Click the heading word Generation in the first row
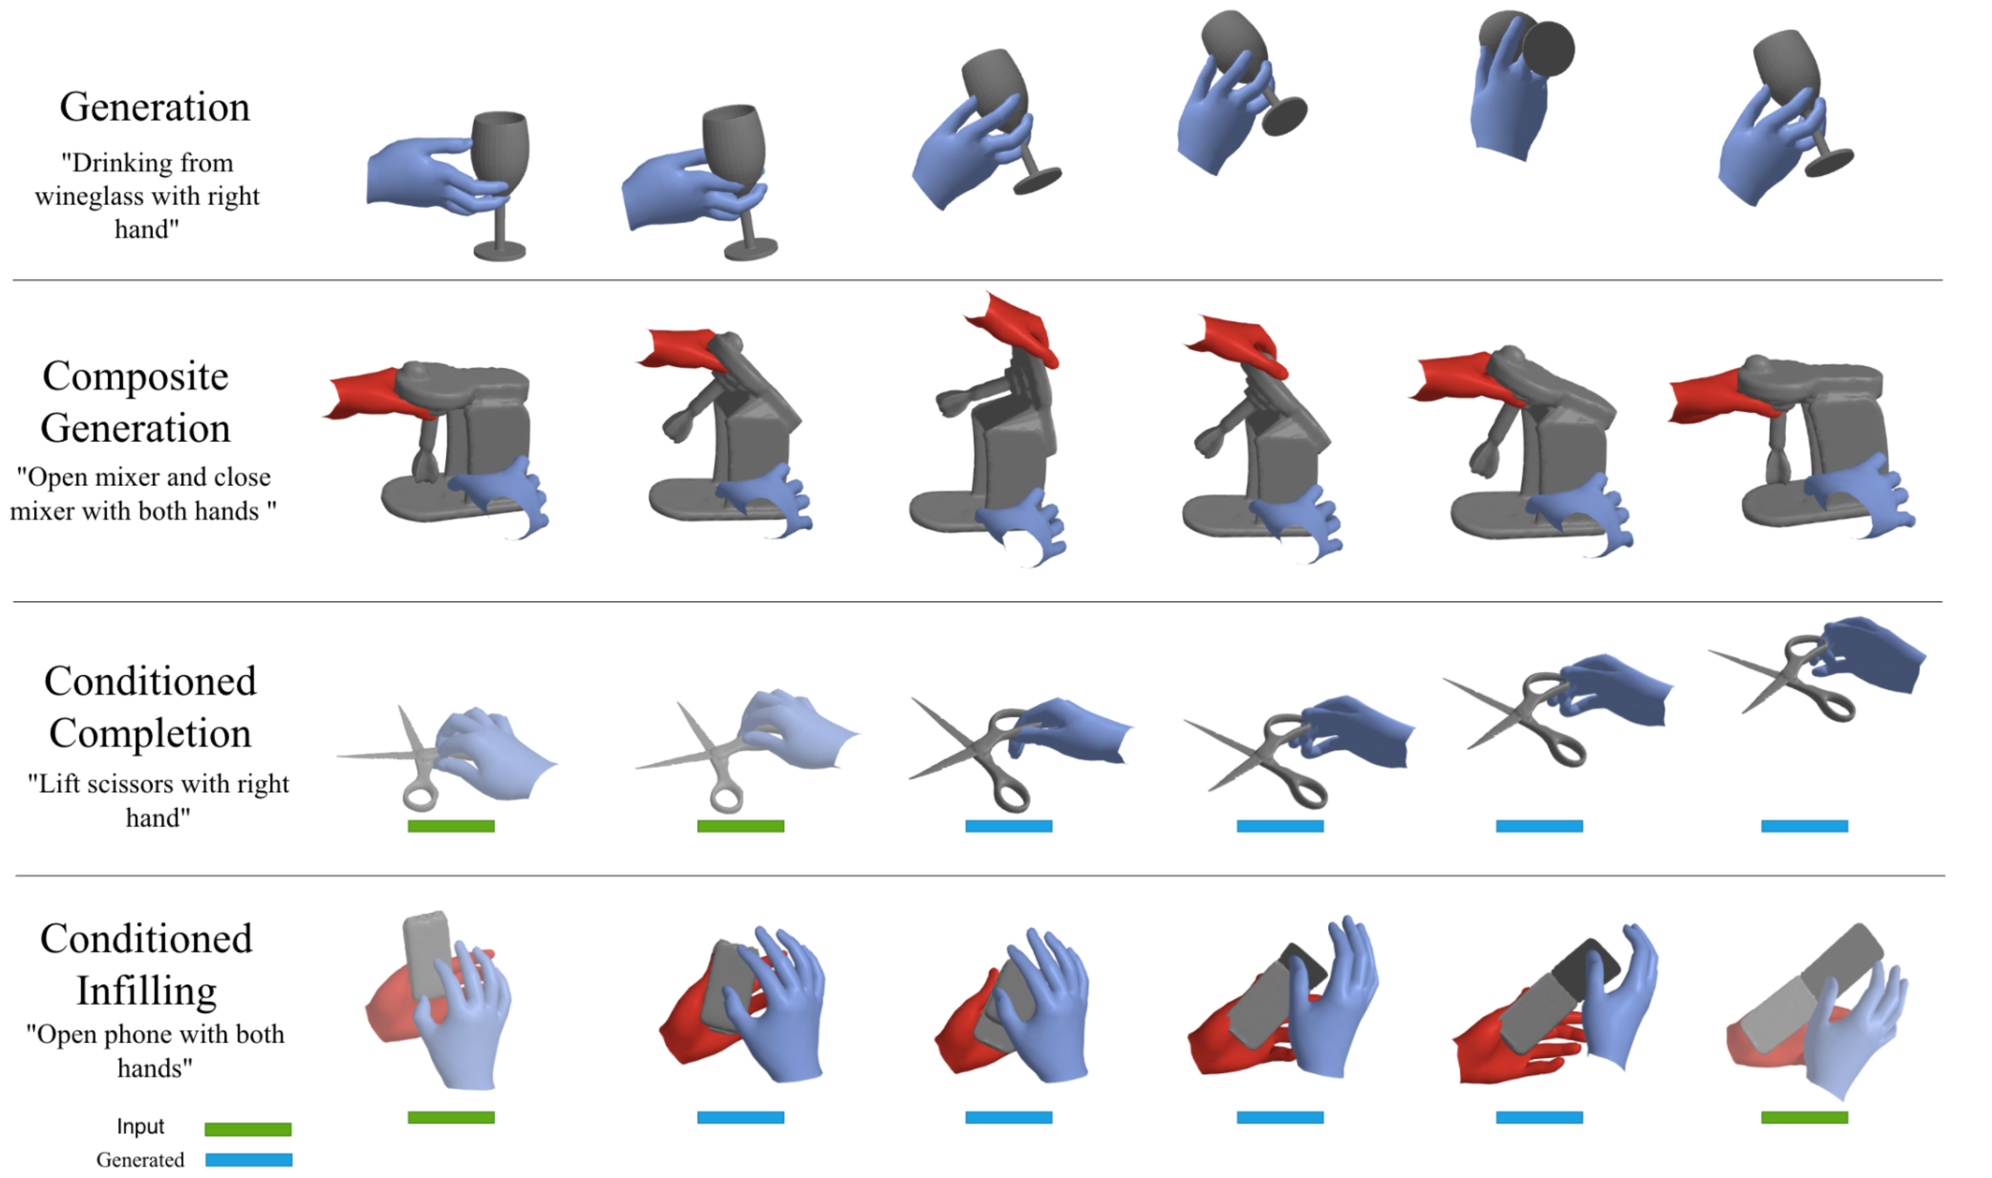click(155, 107)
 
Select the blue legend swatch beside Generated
click(249, 1160)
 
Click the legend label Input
click(141, 1126)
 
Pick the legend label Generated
click(141, 1160)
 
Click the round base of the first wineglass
click(499, 251)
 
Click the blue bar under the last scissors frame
click(1805, 826)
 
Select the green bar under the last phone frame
click(1805, 1118)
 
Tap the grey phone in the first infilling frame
click(427, 955)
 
